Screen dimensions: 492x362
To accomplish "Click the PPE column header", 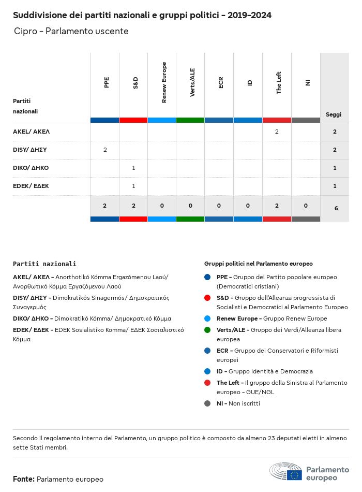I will (106, 82).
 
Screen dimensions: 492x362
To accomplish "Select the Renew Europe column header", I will (164, 82).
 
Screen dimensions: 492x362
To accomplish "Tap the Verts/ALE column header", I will (192, 82).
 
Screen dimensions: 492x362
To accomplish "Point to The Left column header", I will (278, 82).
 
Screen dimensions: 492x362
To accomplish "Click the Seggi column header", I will (334, 114).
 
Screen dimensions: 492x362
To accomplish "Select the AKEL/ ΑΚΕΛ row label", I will (31, 132).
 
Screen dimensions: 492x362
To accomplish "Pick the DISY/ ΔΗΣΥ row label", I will (30, 150).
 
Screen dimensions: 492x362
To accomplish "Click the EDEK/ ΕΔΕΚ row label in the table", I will (31, 186).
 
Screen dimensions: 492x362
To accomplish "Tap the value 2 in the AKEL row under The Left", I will (277, 132).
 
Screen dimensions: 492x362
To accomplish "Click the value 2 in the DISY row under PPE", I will (105, 150).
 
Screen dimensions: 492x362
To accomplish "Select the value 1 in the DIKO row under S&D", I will (133, 168).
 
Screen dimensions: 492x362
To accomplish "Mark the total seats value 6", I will (336, 208).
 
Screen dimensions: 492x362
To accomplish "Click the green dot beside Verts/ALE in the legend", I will (207, 330).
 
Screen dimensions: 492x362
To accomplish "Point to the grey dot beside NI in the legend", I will (207, 403).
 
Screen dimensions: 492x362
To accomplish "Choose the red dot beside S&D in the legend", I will (207, 298).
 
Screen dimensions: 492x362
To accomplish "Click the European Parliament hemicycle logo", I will (285, 472).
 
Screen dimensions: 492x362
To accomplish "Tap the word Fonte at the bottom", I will (24, 479).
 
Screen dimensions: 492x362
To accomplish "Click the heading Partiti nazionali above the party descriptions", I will (44, 264).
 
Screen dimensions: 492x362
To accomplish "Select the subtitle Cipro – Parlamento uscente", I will (71, 32).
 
